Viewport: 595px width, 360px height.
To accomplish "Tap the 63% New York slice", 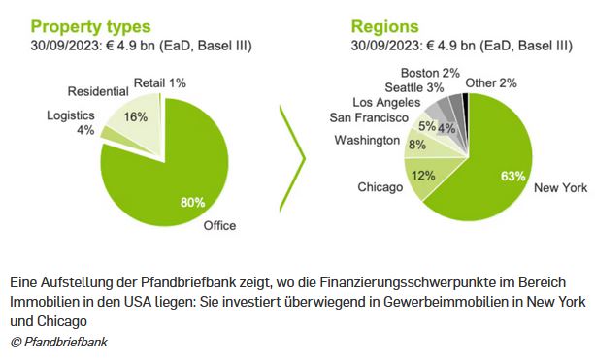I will pos(495,155).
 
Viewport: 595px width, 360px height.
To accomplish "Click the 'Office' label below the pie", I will pos(219,226).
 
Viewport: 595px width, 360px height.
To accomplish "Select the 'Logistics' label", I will pos(71,115).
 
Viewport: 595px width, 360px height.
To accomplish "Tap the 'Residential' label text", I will pos(98,91).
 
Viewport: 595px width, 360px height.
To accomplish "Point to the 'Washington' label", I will pos(367,140).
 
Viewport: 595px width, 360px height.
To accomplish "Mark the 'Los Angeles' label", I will pos(386,102).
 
